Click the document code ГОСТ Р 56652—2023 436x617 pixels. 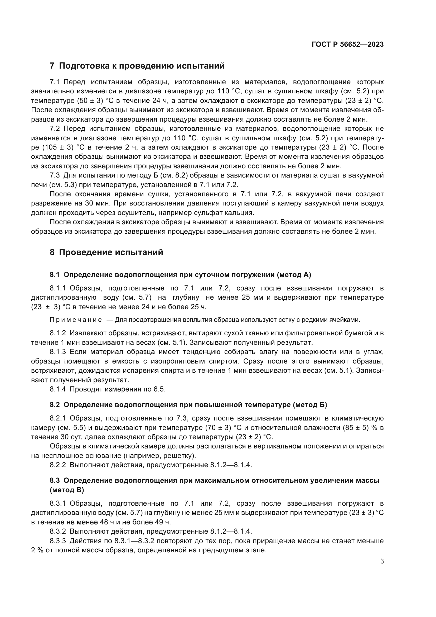click(x=347, y=45)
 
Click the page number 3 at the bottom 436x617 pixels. click(x=382, y=561)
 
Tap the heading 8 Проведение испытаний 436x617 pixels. click(x=106, y=253)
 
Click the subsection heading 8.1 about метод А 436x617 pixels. click(x=180, y=275)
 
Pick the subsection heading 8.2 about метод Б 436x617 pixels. click(x=188, y=405)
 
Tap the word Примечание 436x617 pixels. click(x=76, y=320)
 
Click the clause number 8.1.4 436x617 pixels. click(x=58, y=389)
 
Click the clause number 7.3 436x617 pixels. click(x=55, y=175)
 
